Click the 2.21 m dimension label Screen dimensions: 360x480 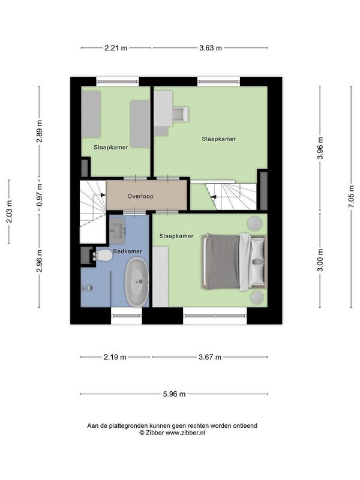click(116, 48)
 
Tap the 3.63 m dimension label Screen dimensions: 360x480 click(211, 48)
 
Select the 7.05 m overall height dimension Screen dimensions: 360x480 click(352, 197)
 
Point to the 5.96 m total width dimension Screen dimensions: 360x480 click(174, 394)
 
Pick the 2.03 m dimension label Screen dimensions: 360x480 click(9, 212)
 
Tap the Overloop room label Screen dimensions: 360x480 click(140, 196)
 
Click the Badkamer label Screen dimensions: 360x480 click(128, 251)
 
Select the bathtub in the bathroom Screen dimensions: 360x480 click(137, 281)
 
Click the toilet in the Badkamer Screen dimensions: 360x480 click(102, 256)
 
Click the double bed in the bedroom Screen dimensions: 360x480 click(234, 262)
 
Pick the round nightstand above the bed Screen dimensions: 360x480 click(254, 223)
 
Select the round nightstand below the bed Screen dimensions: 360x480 click(257, 298)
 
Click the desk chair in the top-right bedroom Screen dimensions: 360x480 click(181, 114)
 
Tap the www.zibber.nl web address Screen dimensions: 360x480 click(185, 433)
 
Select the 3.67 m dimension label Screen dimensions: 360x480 click(209, 357)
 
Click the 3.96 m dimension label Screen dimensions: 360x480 click(320, 148)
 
